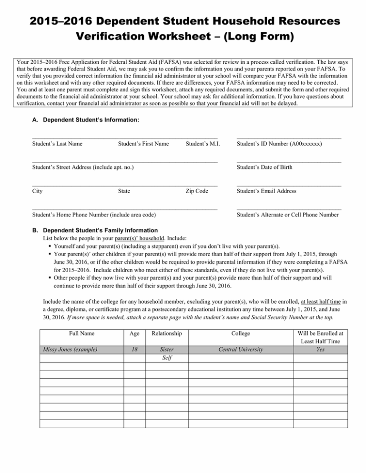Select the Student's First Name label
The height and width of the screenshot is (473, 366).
pos(143,143)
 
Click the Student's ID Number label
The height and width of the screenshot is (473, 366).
pos(279,143)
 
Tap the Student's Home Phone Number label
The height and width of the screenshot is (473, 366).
pos(95,215)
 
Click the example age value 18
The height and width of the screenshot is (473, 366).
pos(134,350)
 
